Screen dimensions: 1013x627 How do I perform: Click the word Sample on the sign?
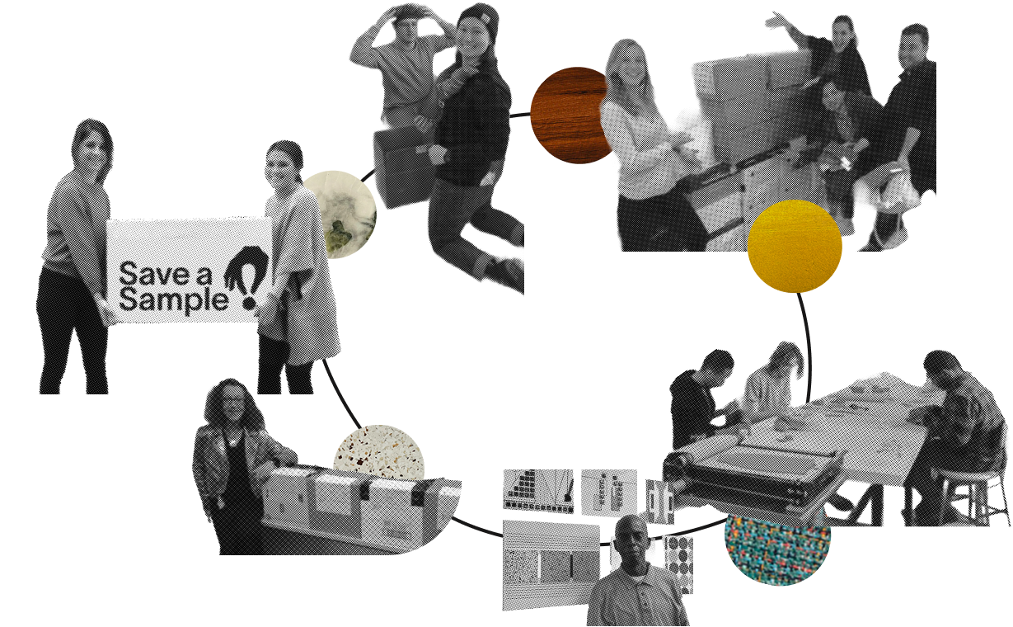point(173,300)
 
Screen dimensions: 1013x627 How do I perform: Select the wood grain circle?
point(573,115)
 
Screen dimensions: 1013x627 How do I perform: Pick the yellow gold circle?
point(795,246)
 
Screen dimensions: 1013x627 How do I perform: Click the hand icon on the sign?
point(245,267)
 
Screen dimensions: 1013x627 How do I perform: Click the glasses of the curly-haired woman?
point(231,400)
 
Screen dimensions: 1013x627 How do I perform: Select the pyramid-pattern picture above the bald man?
point(538,490)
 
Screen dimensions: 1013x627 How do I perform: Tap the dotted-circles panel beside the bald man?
point(679,563)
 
